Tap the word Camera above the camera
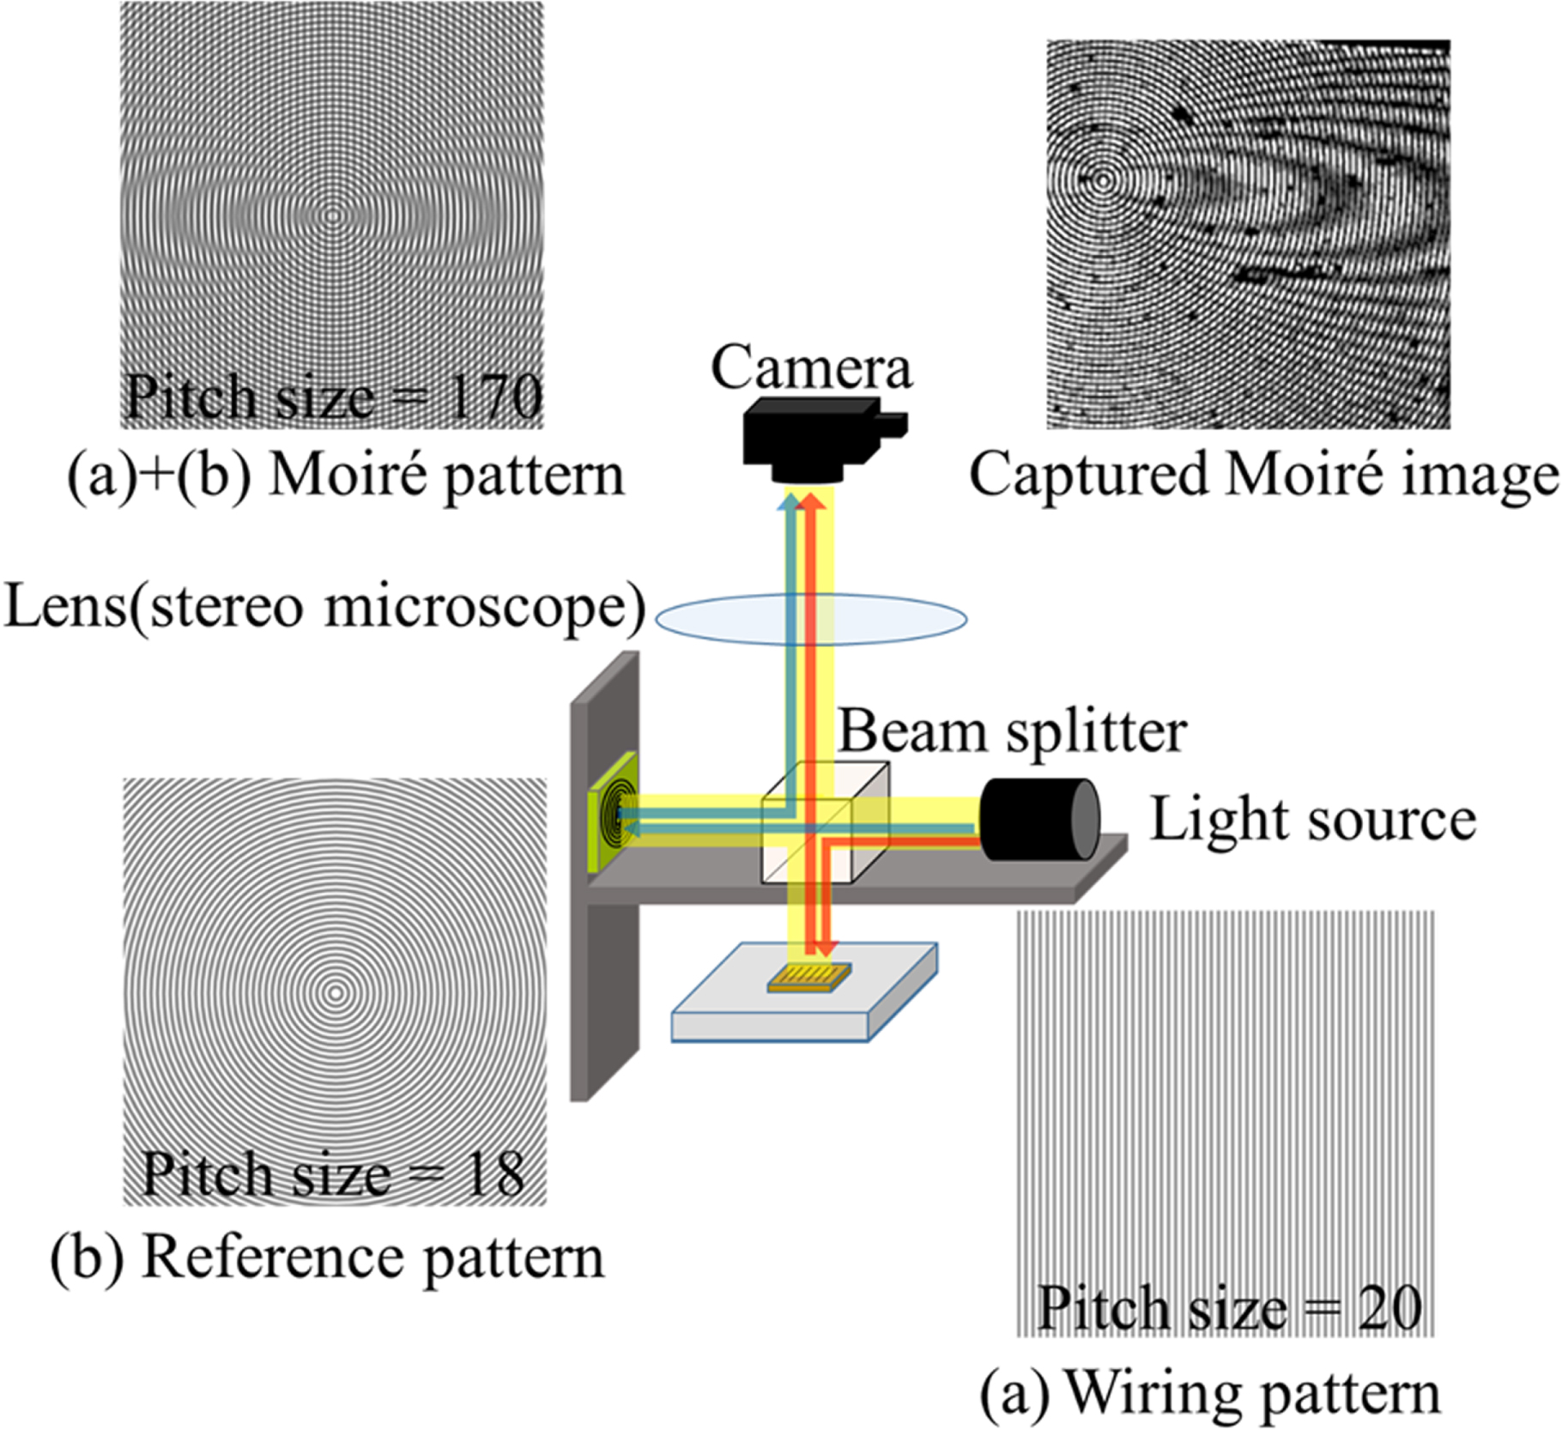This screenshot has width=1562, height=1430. [811, 367]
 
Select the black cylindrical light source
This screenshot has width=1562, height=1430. [1038, 819]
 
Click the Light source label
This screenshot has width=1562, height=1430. [1312, 820]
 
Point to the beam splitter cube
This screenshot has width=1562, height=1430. [824, 824]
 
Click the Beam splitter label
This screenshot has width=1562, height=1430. [1013, 731]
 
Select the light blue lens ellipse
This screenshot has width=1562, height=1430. [811, 619]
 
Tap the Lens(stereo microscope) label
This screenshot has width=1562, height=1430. [324, 606]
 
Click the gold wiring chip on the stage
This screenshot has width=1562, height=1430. [809, 978]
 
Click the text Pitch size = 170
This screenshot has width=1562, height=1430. [334, 397]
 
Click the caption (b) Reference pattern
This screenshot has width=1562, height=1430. [327, 1258]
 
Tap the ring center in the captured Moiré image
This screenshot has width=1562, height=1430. [1102, 180]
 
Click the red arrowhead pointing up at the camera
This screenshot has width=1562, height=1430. [812, 500]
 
